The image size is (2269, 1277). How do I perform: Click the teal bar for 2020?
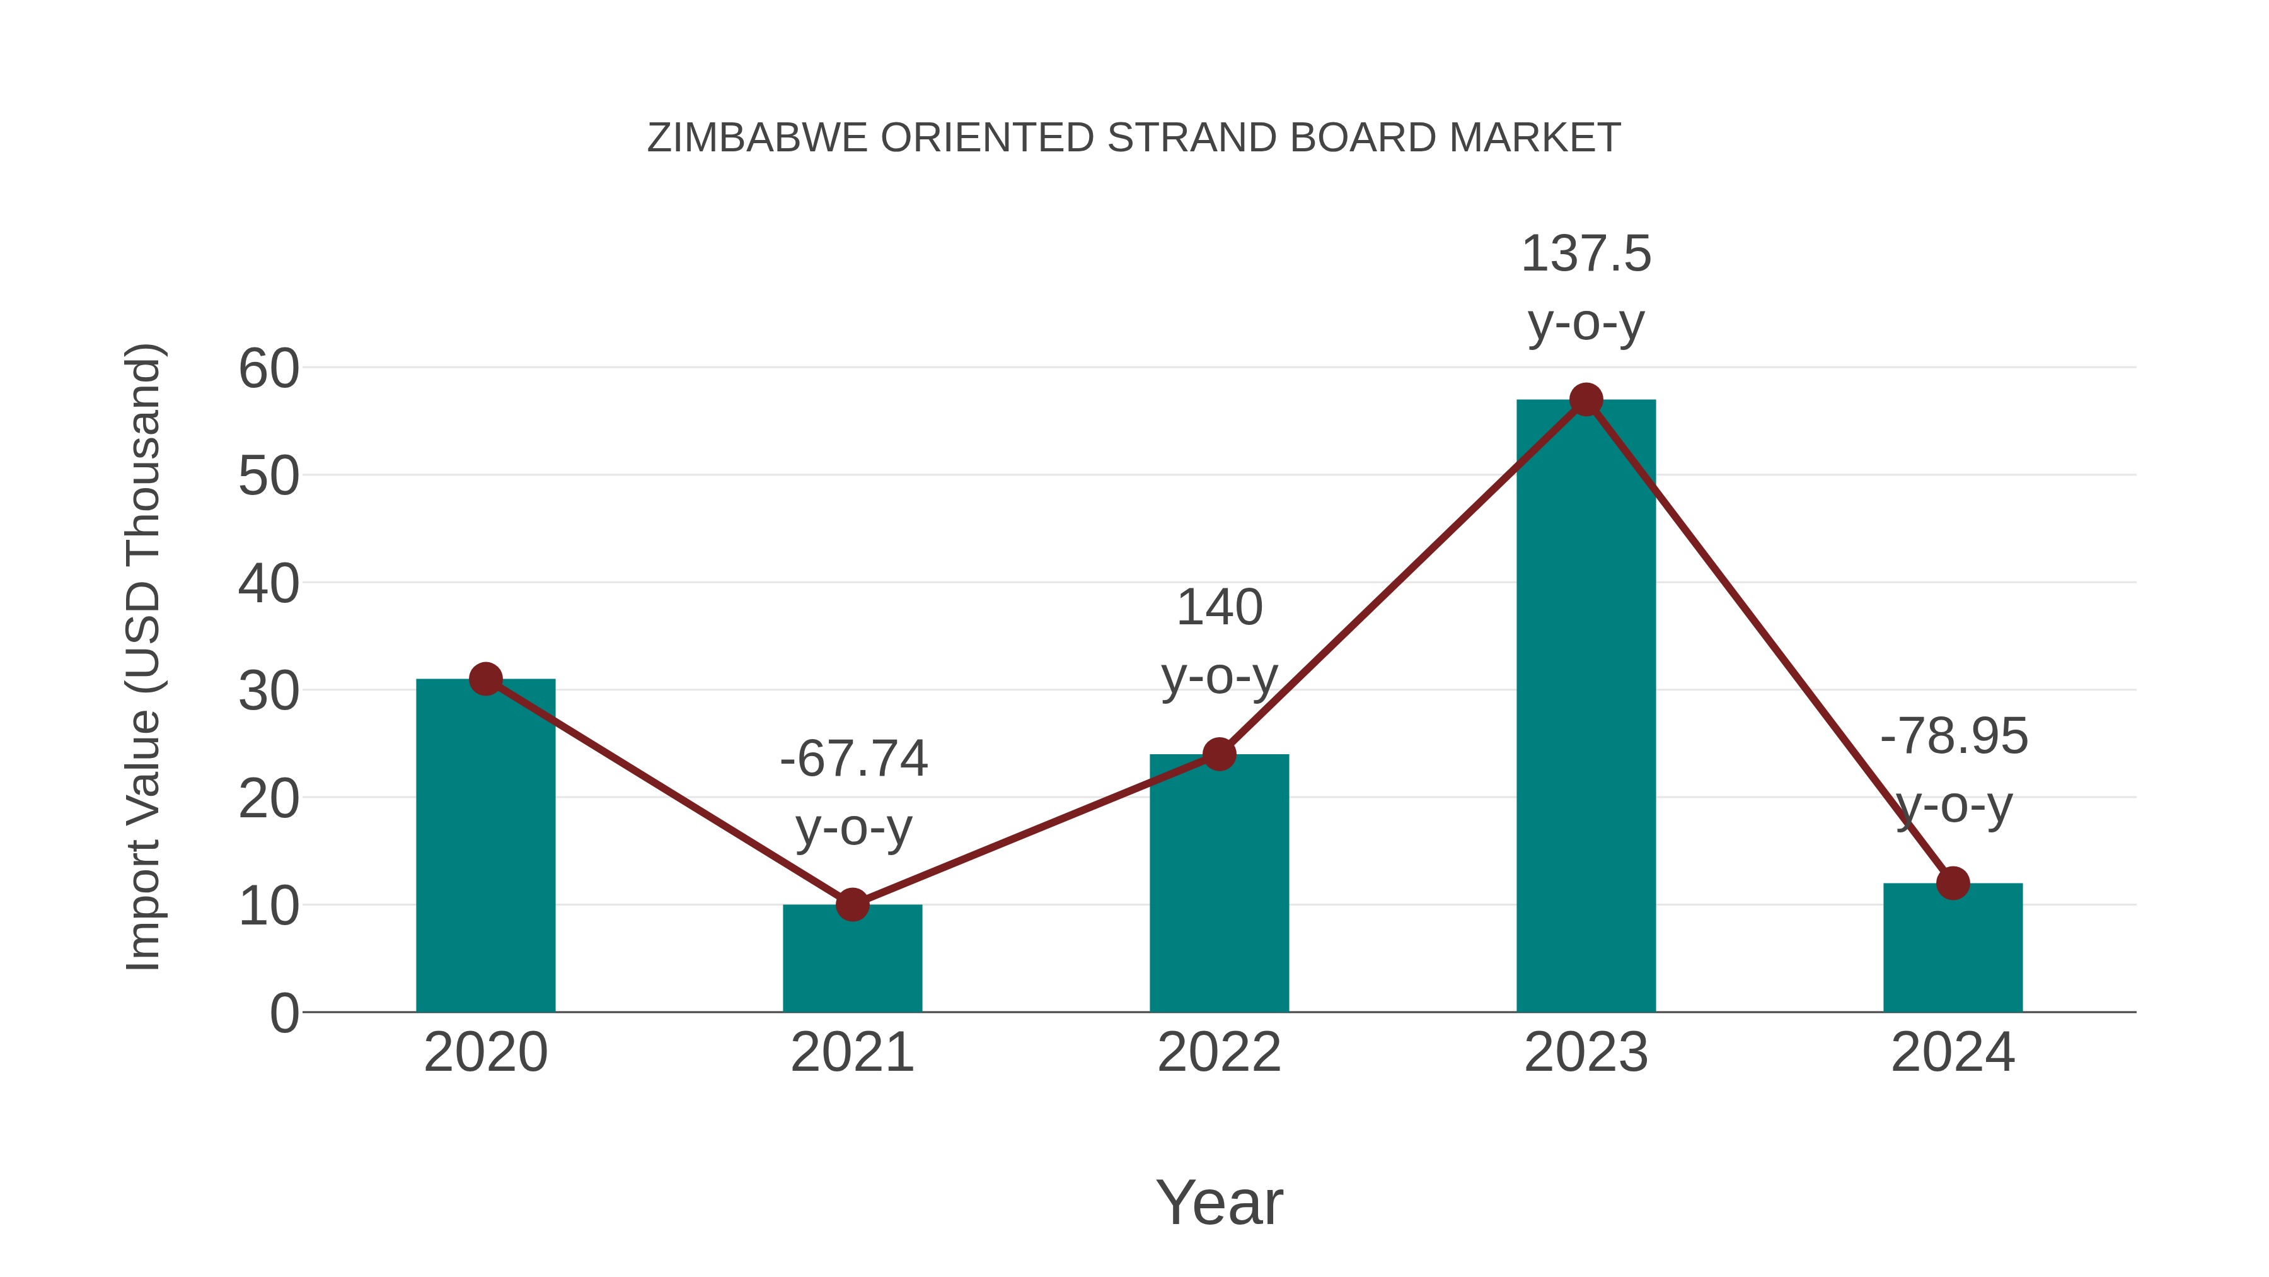click(485, 846)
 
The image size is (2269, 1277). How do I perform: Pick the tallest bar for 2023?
click(1586, 705)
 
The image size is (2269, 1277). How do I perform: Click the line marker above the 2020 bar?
click(485, 679)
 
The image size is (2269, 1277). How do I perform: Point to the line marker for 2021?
click(852, 904)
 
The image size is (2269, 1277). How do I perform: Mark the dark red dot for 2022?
click(1219, 754)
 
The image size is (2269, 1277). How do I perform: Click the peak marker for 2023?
click(1586, 400)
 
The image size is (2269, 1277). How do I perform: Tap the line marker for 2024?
click(1953, 883)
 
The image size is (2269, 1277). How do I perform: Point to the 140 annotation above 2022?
click(1219, 607)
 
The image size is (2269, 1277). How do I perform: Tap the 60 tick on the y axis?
click(268, 368)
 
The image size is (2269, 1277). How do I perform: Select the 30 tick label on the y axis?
click(268, 691)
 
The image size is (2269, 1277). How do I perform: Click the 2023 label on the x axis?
click(1586, 1053)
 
